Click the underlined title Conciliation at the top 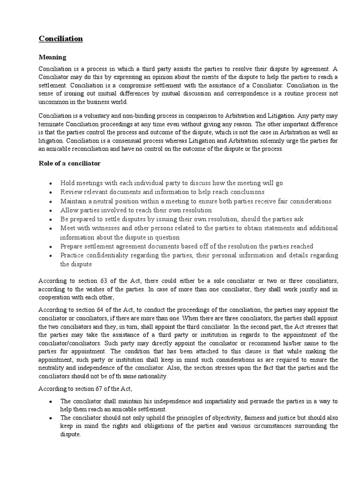coord(60,38)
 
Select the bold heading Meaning coord(52,57)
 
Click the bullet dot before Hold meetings coord(50,183)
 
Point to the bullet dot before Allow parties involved coord(50,210)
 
